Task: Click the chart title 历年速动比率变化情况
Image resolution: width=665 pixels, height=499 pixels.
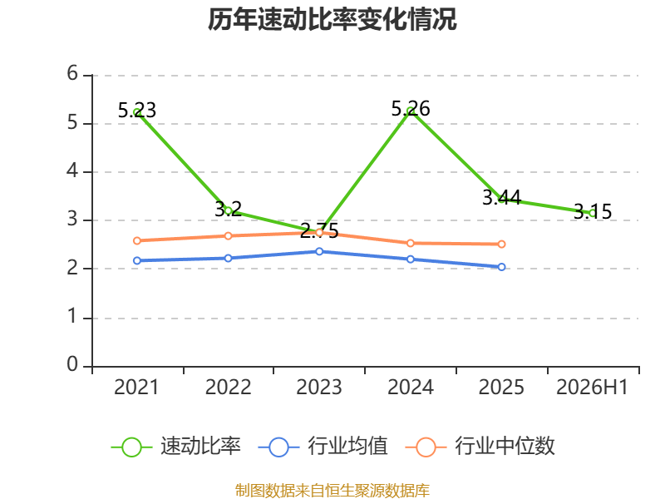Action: (x=332, y=19)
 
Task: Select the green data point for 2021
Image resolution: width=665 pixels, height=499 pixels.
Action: (x=137, y=112)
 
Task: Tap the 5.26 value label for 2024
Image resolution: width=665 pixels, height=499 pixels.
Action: (x=411, y=109)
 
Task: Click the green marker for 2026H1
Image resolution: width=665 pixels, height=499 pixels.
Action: (x=593, y=213)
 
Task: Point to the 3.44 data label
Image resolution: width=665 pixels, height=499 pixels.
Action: (x=502, y=198)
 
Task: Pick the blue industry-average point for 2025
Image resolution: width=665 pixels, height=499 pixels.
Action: (x=501, y=267)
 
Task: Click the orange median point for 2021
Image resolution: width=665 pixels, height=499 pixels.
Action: (x=137, y=240)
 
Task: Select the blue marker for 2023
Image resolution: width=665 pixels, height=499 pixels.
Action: (x=319, y=252)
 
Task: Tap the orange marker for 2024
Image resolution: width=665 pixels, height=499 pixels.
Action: (x=411, y=243)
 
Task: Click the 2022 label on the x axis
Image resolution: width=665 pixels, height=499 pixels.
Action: (x=228, y=388)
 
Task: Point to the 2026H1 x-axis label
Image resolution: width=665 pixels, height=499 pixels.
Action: (x=592, y=388)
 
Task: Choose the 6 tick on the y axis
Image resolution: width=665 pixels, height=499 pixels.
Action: (x=72, y=73)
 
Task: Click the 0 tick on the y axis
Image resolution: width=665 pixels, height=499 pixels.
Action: (x=72, y=364)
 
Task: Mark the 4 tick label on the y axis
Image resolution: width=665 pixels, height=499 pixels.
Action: (x=72, y=170)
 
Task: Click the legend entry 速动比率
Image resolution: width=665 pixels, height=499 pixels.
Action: (x=176, y=447)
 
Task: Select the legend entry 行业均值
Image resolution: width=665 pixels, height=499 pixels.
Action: (x=323, y=447)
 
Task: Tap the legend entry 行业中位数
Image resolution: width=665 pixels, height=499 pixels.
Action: (x=480, y=447)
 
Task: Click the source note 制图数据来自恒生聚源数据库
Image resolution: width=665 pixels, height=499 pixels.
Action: (x=332, y=490)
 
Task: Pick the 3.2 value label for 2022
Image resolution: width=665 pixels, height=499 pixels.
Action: (x=228, y=210)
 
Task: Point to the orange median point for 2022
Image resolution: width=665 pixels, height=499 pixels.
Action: (x=228, y=235)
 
